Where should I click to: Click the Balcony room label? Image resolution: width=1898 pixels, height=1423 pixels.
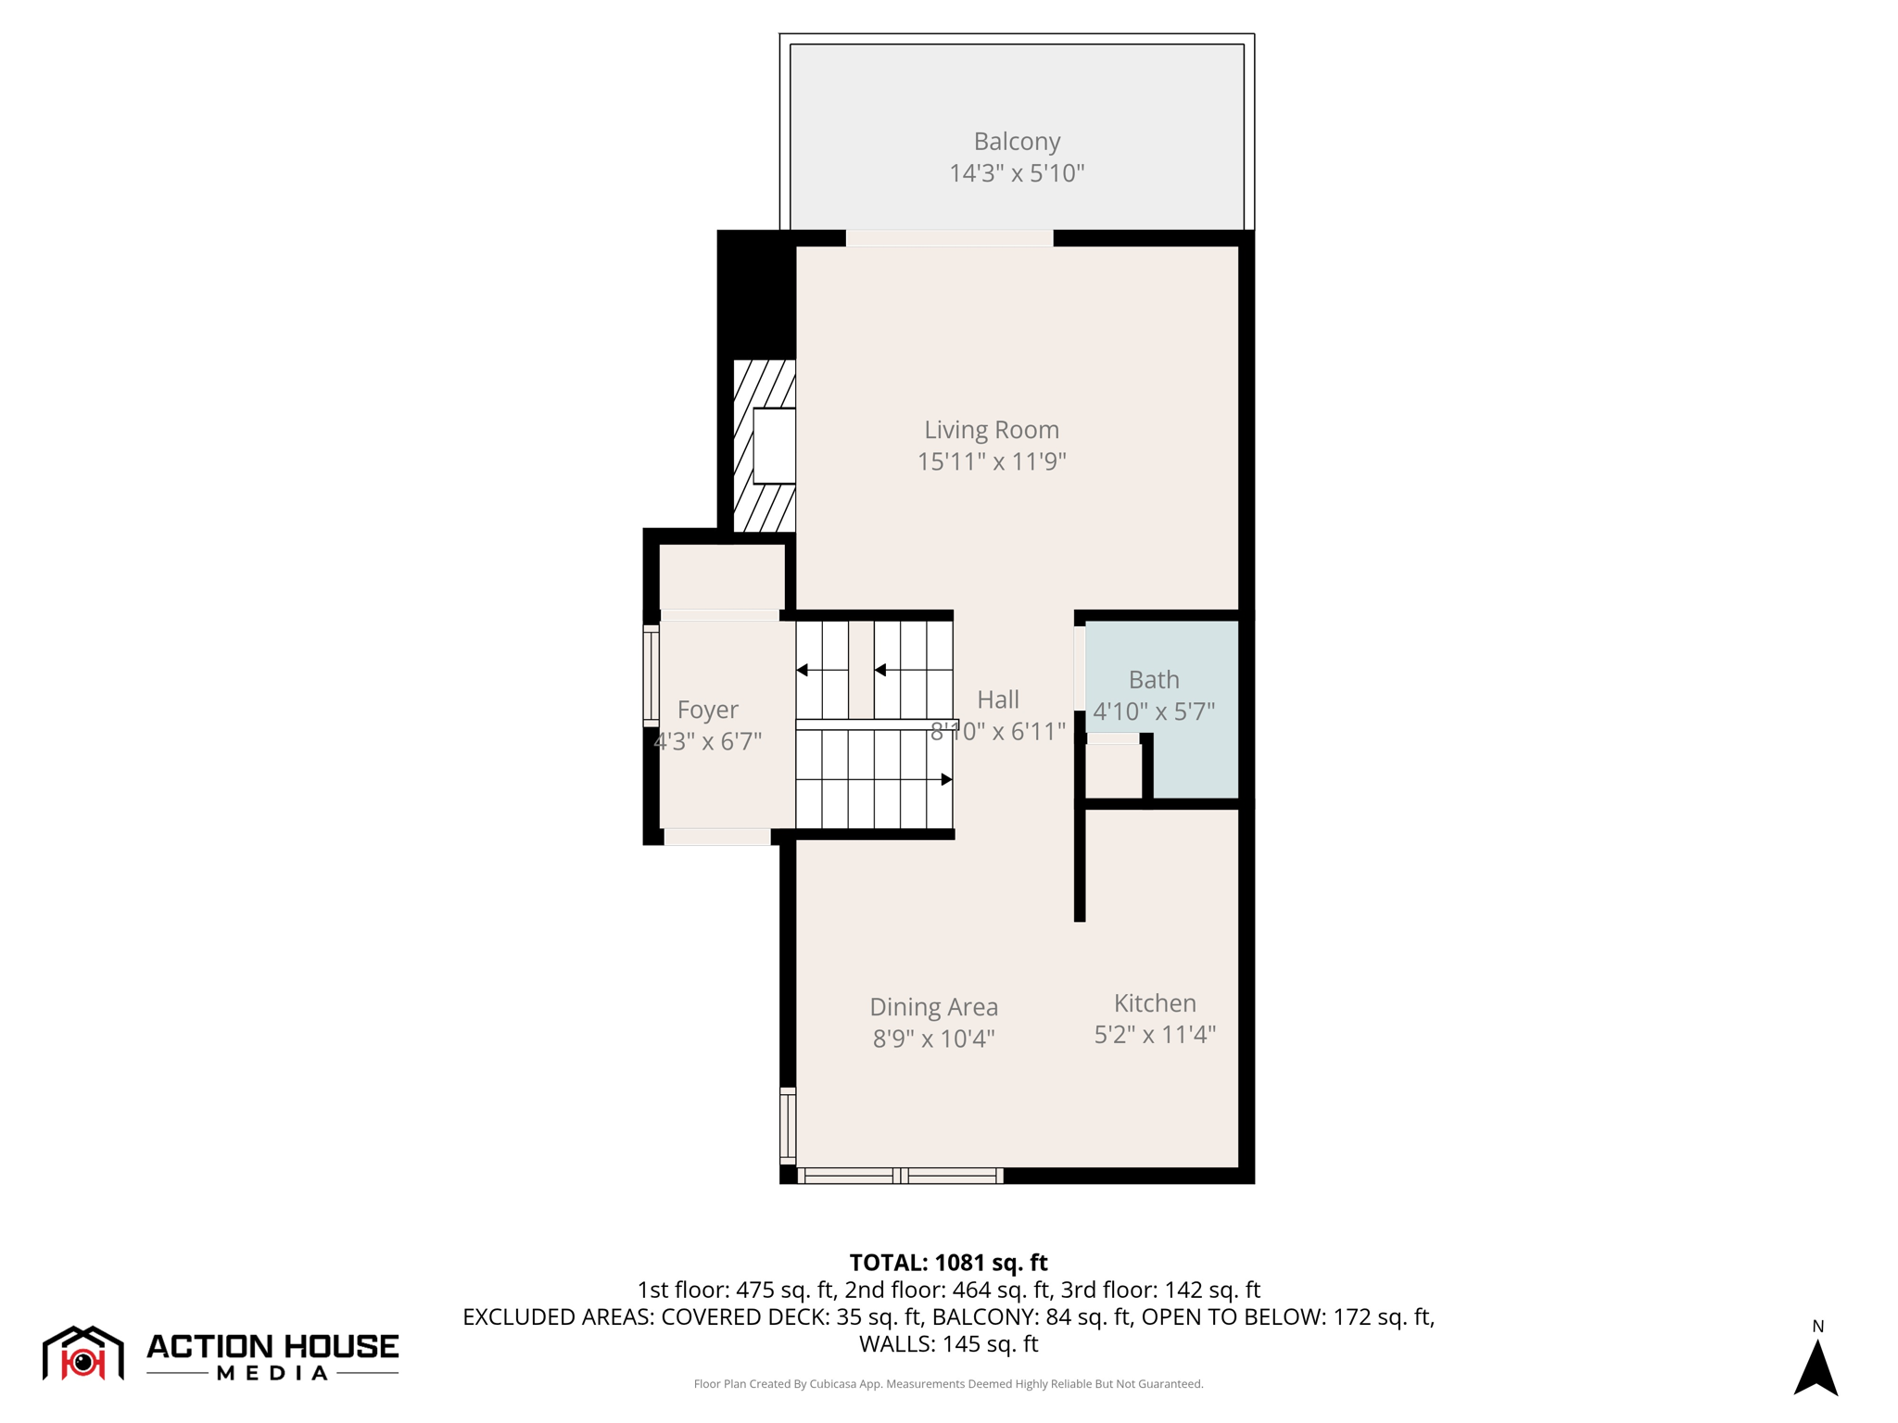coord(1016,141)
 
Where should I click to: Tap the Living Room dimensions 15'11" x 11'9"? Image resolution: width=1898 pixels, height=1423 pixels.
coord(991,461)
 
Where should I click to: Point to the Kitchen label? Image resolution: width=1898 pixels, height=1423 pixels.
coord(1154,1002)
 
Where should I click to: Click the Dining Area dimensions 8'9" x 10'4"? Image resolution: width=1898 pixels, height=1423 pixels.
coord(933,1039)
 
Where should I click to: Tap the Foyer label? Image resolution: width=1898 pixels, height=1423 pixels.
coord(707,710)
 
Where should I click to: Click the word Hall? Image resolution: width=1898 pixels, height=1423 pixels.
coord(998,699)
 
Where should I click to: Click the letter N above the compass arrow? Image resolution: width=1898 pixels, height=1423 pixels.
coord(1817,1327)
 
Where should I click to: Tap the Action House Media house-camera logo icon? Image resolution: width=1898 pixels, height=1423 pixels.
coord(83,1354)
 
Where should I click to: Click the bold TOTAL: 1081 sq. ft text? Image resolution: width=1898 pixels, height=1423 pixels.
coord(948,1263)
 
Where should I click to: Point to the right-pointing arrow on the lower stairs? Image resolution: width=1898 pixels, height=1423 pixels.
coord(945,779)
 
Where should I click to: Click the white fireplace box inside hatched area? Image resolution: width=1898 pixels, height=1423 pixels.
coord(774,446)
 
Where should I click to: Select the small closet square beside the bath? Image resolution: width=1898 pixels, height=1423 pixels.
coord(1113,771)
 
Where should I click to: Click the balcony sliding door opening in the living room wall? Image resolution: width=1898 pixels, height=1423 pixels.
coord(949,238)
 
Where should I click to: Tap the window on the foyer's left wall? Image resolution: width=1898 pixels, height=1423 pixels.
coord(651,675)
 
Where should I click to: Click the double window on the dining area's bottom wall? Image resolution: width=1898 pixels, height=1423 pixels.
coord(900,1176)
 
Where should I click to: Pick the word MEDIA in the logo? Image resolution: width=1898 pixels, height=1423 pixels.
coord(272,1373)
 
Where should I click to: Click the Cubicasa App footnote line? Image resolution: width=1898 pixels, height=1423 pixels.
coord(948,1384)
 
